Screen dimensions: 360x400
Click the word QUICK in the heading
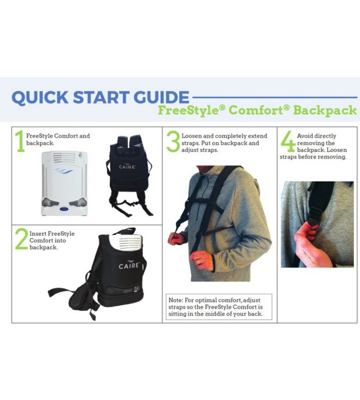40,97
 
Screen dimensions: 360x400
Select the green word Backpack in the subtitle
325,111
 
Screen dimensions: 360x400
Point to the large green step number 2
21,239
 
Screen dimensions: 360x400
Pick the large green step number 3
173,141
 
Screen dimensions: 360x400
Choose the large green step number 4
288,141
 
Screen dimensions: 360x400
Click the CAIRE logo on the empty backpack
127,166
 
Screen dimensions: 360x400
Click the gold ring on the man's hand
199,262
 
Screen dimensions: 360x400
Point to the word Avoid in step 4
304,136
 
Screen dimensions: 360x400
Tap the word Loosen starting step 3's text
191,136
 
